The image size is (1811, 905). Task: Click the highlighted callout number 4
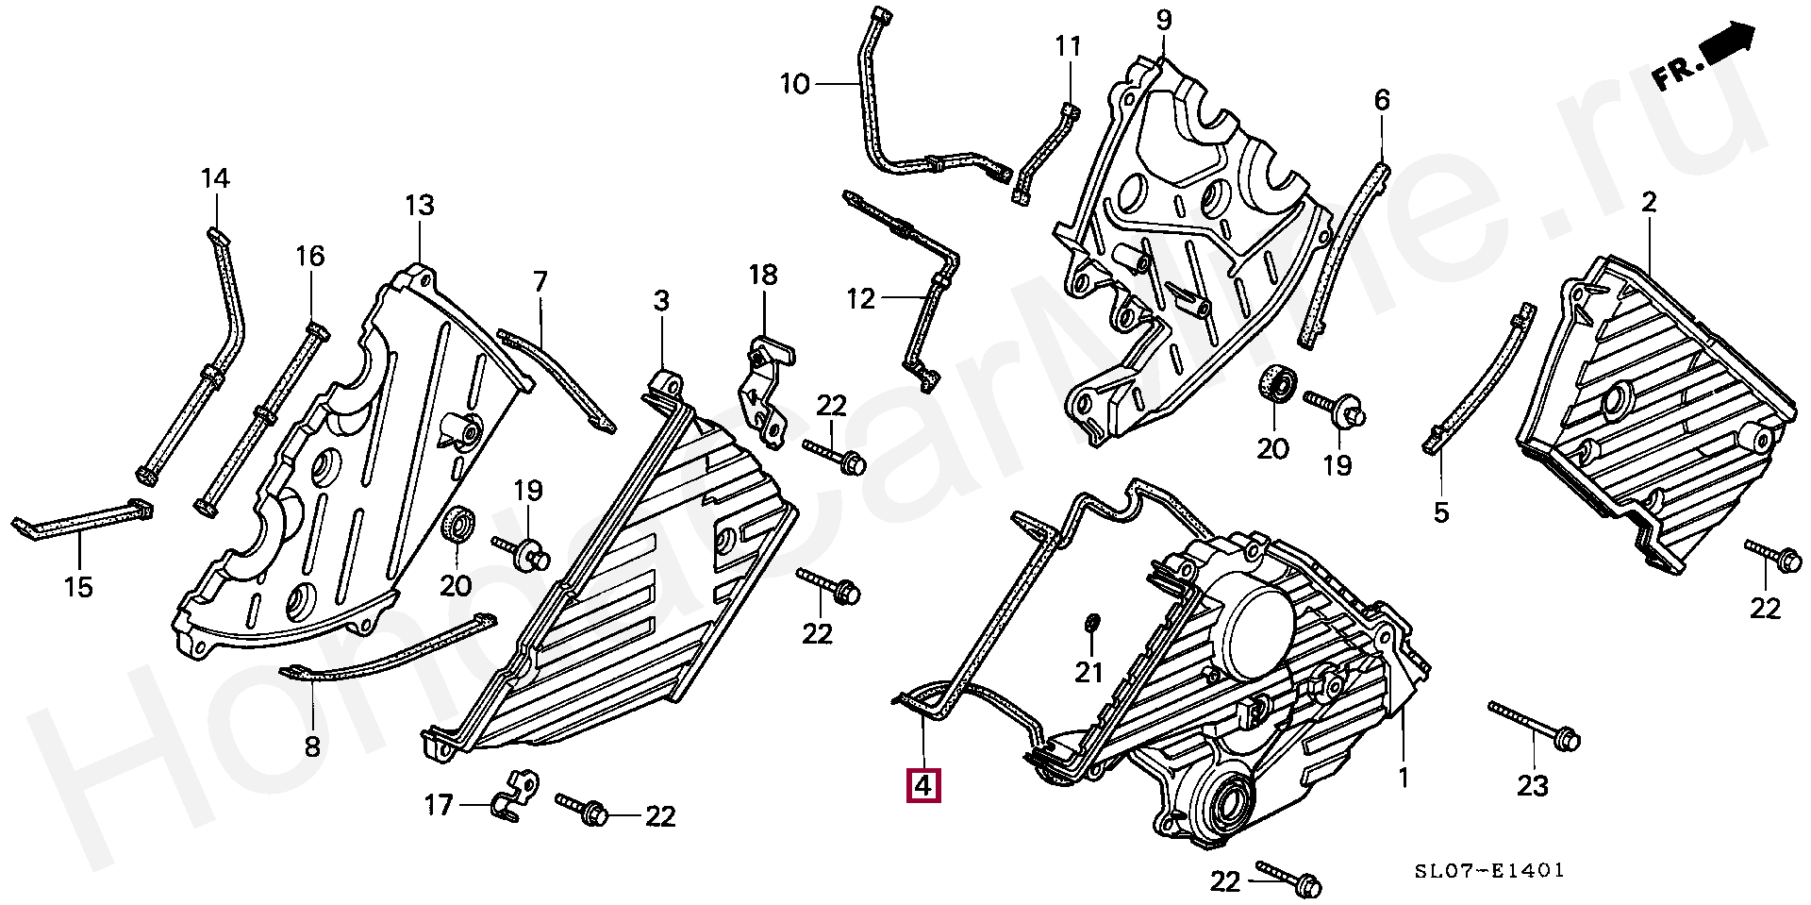tap(922, 785)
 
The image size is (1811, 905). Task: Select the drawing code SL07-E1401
tap(1489, 869)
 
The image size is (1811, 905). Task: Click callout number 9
tap(1163, 19)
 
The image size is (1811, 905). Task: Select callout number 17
tap(438, 805)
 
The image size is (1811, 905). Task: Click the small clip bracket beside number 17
tap(514, 794)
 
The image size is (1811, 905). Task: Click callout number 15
tap(78, 587)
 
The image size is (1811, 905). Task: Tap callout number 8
tap(311, 746)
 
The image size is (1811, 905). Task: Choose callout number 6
tap(1381, 100)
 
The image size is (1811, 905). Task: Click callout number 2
tap(1648, 202)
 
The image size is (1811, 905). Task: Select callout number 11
tap(1067, 46)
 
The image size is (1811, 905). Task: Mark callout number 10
tap(795, 85)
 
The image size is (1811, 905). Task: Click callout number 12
tap(860, 299)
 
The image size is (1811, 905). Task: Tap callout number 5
tap(1440, 512)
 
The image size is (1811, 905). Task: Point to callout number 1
tap(1403, 778)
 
